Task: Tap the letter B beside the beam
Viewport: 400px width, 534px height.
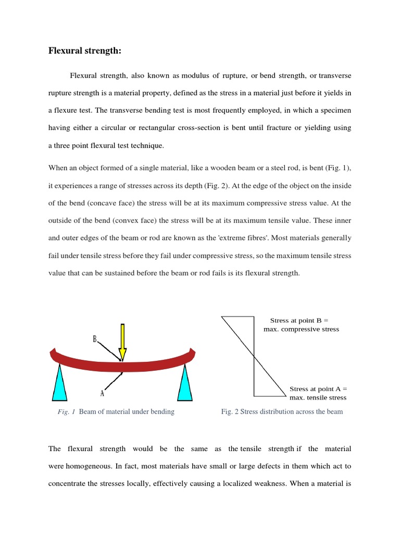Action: pos(95,339)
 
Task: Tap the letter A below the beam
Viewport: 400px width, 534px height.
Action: pos(103,394)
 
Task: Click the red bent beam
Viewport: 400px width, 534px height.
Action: pos(156,363)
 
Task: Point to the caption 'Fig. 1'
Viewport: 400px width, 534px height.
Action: pos(66,411)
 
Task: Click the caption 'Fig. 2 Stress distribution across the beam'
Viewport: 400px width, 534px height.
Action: pos(282,411)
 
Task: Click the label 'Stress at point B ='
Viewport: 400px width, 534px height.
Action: pos(299,320)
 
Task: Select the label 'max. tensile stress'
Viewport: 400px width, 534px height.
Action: pos(318,397)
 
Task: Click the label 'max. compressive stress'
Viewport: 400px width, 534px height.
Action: pos(301,329)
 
